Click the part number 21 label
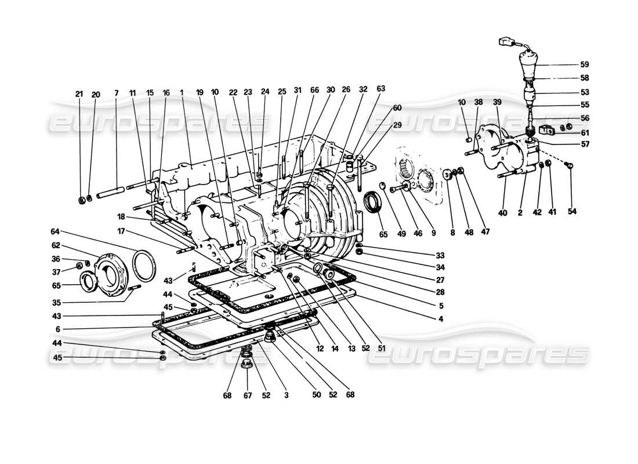pos(79,94)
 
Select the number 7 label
pos(116,94)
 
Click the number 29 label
pos(397,125)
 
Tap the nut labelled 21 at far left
pos(82,201)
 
